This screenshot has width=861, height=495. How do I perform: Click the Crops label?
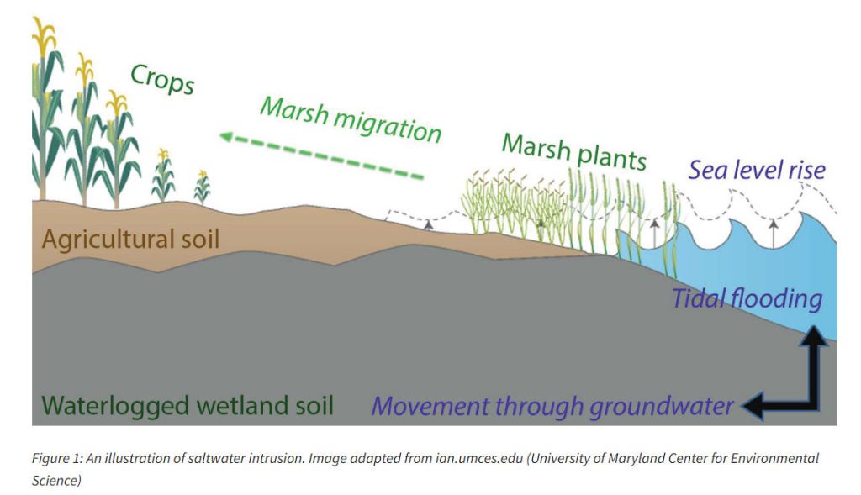tap(162, 80)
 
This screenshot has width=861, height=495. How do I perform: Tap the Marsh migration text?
tap(351, 120)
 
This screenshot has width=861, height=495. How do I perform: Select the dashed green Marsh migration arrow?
tap(322, 156)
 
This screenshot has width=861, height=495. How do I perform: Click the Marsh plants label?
tap(574, 153)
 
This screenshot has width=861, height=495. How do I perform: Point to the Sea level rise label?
tap(758, 170)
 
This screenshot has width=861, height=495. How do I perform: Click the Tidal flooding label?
tap(747, 299)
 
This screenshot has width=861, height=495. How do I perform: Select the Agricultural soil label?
tap(130, 240)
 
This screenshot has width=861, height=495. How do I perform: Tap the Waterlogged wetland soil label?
tap(188, 406)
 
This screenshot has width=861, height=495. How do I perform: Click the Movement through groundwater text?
tap(552, 407)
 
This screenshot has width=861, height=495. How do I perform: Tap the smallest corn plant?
tap(202, 187)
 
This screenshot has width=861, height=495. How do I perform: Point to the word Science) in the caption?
tap(56, 481)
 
